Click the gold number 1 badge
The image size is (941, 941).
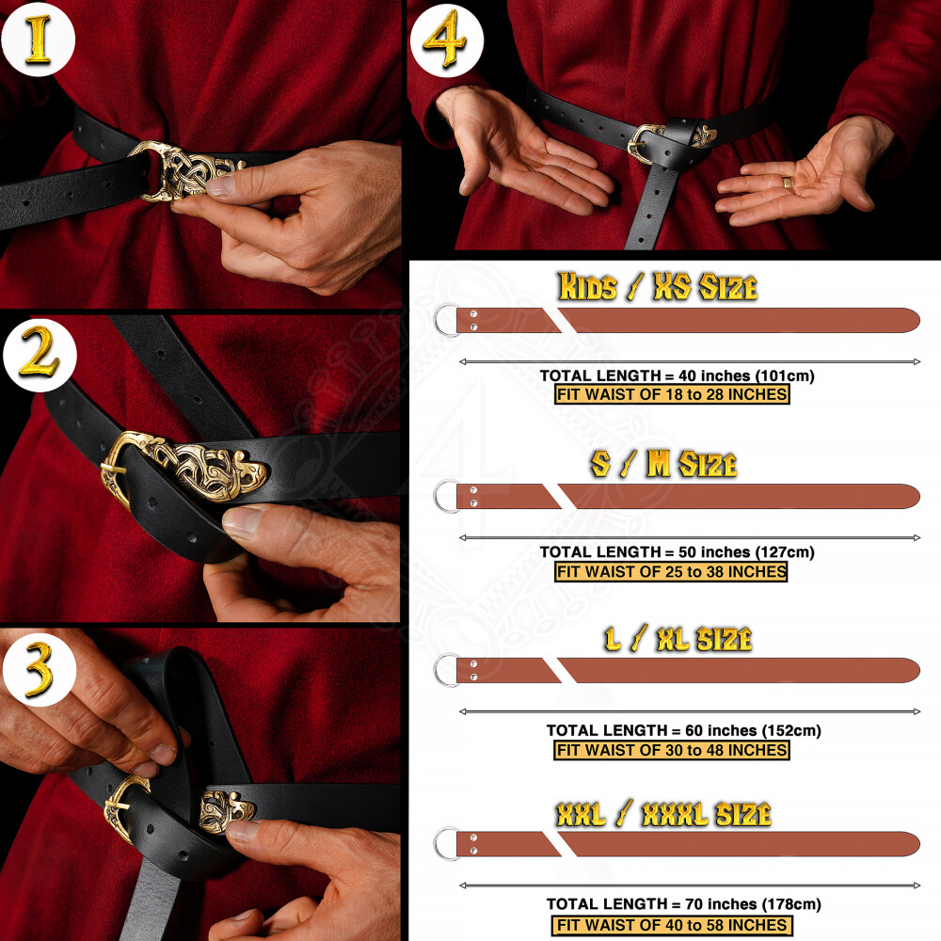coord(38,40)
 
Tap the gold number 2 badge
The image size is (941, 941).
coord(40,356)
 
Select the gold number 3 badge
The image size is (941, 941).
coord(39,668)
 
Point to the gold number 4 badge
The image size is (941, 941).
coord(446,40)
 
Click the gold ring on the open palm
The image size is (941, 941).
coord(786,182)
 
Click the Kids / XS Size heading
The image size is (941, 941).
coord(657,286)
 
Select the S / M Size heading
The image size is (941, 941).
coord(663,464)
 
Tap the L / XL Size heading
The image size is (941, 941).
coord(678,639)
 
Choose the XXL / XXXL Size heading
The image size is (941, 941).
coord(663,814)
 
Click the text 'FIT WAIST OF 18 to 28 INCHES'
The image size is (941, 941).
coord(672,394)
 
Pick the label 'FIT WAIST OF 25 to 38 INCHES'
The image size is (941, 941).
coord(671,571)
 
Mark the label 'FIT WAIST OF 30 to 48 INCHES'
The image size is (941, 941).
coord(672,750)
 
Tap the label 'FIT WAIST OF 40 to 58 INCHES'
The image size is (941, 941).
coord(672,925)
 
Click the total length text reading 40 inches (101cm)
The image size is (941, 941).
coord(677,375)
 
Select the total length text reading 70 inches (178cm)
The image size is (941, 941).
coord(683,903)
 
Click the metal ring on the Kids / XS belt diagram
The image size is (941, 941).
coord(437,321)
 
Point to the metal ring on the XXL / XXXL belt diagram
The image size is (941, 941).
coord(437,844)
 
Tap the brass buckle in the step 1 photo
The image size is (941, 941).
coord(183,169)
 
